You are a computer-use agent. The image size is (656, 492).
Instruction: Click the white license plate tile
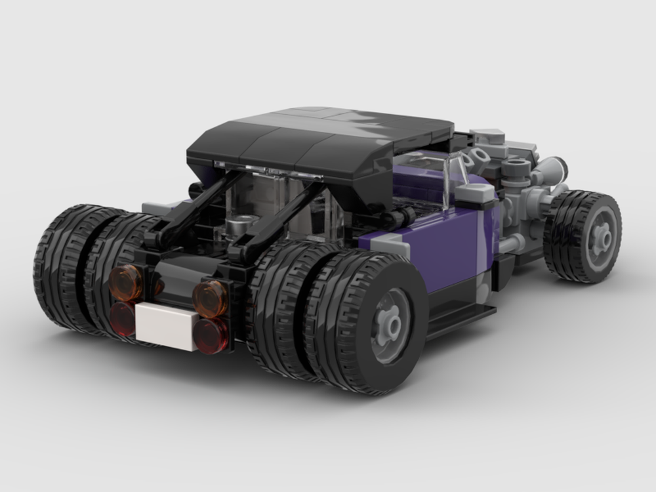point(167,326)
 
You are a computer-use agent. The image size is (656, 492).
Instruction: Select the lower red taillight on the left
point(122,319)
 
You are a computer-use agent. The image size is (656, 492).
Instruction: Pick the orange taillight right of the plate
point(210,298)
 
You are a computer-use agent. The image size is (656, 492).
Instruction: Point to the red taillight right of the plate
point(211,335)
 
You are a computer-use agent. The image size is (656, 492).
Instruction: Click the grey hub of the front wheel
point(599,237)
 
